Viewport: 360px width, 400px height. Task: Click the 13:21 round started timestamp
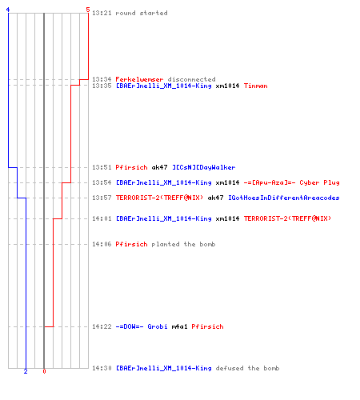coord(102,13)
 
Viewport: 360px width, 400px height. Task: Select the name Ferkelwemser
coord(139,79)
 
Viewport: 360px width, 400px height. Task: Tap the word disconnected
coord(191,79)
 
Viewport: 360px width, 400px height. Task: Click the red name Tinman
coord(255,86)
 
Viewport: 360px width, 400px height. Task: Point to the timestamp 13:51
coord(102,167)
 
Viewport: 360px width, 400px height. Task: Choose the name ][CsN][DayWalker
coord(204,167)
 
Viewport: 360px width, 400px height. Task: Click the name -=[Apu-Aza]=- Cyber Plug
coord(291,182)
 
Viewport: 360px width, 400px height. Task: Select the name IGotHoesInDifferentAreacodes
coord(284,198)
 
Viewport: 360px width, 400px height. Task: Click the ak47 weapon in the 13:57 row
coord(215,198)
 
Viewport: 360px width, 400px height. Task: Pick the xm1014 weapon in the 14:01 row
coord(227,218)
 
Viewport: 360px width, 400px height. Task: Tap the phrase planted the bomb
coord(183,244)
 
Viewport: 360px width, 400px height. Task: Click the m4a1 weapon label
coord(179,326)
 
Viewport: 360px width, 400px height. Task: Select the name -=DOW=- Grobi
coord(142,326)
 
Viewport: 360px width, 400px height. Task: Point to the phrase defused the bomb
coord(247,368)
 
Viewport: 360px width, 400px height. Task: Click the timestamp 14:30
coord(102,368)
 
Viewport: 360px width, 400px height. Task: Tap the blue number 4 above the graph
coord(8,10)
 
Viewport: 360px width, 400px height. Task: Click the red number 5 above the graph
coord(88,10)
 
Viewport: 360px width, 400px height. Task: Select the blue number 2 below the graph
coord(26,371)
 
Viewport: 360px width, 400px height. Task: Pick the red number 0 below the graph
coord(44,371)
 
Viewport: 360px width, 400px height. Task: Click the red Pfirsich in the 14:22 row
coord(207,326)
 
